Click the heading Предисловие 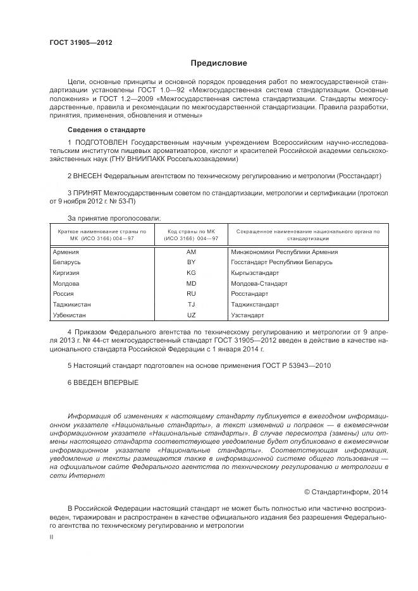click(x=219, y=63)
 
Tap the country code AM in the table click(x=192, y=252)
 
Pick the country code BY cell click(x=192, y=262)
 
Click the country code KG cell click(x=192, y=272)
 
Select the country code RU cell click(x=192, y=294)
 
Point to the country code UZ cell click(x=192, y=315)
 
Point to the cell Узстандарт click(x=248, y=315)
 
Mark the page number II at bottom click(x=52, y=535)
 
